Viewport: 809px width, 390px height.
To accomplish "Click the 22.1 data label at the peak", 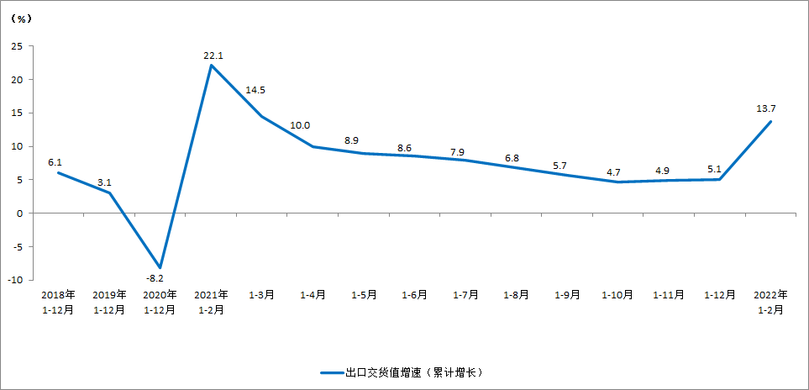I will pos(212,56).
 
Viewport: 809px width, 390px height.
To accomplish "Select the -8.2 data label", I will pos(154,277).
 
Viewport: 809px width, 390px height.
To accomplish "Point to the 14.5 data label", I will pos(256,90).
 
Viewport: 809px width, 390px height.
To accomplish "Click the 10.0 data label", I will pos(300,125).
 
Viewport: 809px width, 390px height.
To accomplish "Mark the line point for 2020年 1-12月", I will pos(160,267).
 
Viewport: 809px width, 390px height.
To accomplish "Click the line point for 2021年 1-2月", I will pos(211,66).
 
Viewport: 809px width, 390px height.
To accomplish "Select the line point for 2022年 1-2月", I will pos(770,122).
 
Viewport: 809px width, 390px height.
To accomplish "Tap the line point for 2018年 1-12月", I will pos(58,172).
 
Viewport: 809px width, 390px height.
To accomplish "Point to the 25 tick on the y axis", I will pos(16,46).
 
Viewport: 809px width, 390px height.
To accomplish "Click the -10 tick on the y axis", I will pos(13,280).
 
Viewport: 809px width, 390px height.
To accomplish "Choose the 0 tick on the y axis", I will pos(18,213).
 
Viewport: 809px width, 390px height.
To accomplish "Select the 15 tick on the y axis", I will pos(16,113).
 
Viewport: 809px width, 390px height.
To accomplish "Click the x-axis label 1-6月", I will pos(414,296).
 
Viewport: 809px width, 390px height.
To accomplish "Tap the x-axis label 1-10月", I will pos(617,296).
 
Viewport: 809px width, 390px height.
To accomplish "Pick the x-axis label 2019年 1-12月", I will pos(109,303).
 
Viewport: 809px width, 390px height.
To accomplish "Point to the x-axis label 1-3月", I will pos(261,296).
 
